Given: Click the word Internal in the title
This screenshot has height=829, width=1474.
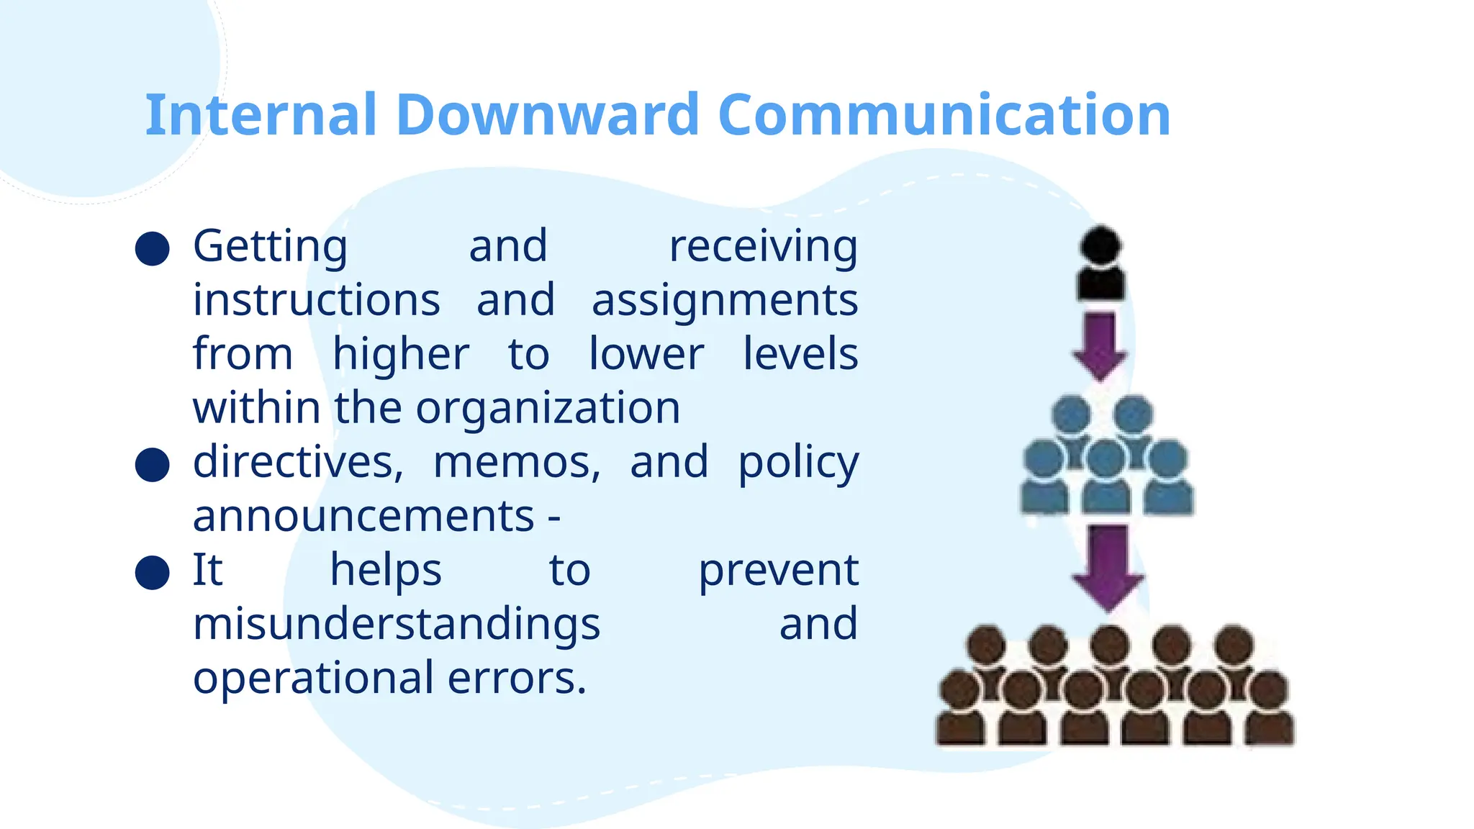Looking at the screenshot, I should coord(261,115).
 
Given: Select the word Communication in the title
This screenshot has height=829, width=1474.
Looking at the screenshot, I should coord(944,115).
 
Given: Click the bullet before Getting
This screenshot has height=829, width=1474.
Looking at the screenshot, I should coord(153,249).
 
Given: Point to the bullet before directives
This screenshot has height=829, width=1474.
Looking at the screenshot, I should coord(153,464).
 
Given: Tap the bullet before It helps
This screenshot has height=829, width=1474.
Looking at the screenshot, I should coord(153,572).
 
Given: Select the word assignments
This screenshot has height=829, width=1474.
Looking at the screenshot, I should coord(724,301).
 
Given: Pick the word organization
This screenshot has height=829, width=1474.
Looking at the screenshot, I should coord(548,409).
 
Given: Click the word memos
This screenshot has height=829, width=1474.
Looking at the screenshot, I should coord(516,463).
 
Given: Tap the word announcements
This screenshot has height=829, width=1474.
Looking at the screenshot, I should coord(363,517).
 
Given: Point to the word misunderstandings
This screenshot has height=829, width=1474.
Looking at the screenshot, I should coord(397,624).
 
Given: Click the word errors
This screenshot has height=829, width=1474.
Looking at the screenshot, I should coord(517,679).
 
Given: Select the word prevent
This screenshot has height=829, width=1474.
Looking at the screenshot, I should coord(778,571).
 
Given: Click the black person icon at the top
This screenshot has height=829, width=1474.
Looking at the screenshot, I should coord(1100,263).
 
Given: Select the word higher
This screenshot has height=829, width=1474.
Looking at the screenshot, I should coord(401,355).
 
